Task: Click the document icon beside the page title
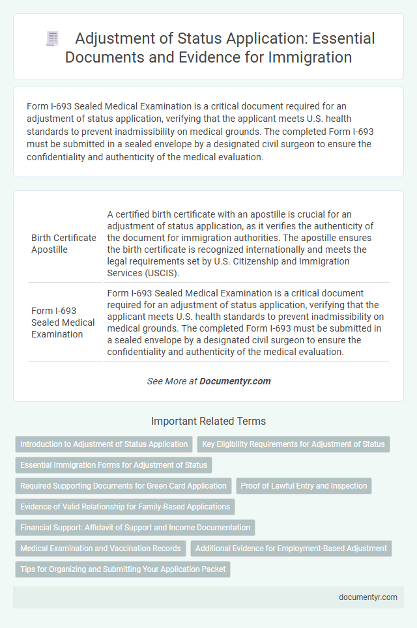click(52, 38)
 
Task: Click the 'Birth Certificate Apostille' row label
click(64, 243)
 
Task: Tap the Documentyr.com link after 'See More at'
click(235, 381)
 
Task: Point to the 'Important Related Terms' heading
click(208, 421)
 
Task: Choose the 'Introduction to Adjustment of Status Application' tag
click(104, 444)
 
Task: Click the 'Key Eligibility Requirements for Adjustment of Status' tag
click(293, 444)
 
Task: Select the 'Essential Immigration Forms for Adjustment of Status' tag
click(113, 465)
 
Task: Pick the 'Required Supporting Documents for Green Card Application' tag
click(123, 486)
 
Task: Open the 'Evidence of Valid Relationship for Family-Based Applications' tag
click(125, 507)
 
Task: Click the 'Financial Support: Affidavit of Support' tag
click(135, 528)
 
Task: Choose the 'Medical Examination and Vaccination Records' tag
click(101, 549)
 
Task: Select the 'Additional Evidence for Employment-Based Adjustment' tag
click(291, 549)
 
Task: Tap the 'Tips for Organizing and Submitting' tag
click(122, 569)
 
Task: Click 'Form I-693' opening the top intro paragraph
click(48, 104)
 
